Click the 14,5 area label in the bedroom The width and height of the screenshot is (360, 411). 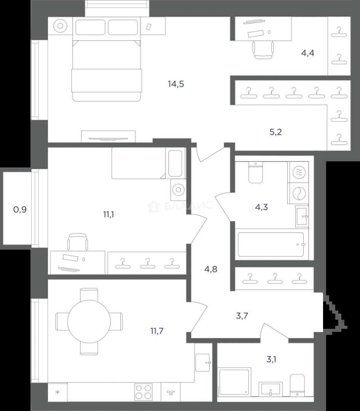(176, 84)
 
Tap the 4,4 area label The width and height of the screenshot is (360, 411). (307, 53)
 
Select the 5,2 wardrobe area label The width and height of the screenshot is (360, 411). (275, 132)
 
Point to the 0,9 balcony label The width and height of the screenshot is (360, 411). (20, 209)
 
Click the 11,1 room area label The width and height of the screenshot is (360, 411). (108, 215)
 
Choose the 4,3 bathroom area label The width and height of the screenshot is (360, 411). (261, 207)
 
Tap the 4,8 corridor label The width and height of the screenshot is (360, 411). (211, 269)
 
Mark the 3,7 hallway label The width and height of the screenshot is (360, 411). (242, 316)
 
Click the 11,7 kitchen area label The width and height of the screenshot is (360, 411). (157, 331)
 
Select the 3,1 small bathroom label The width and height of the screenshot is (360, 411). (271, 359)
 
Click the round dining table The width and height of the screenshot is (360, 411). (89, 322)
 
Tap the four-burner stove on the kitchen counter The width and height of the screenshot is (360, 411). (143, 392)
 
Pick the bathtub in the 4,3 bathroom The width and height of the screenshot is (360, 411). (271, 245)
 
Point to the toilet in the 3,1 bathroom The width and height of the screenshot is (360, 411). (297, 385)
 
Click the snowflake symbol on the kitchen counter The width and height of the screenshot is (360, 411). (58, 392)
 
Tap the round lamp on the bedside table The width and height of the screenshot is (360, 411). (60, 26)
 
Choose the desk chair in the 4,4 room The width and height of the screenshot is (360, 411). (263, 50)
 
